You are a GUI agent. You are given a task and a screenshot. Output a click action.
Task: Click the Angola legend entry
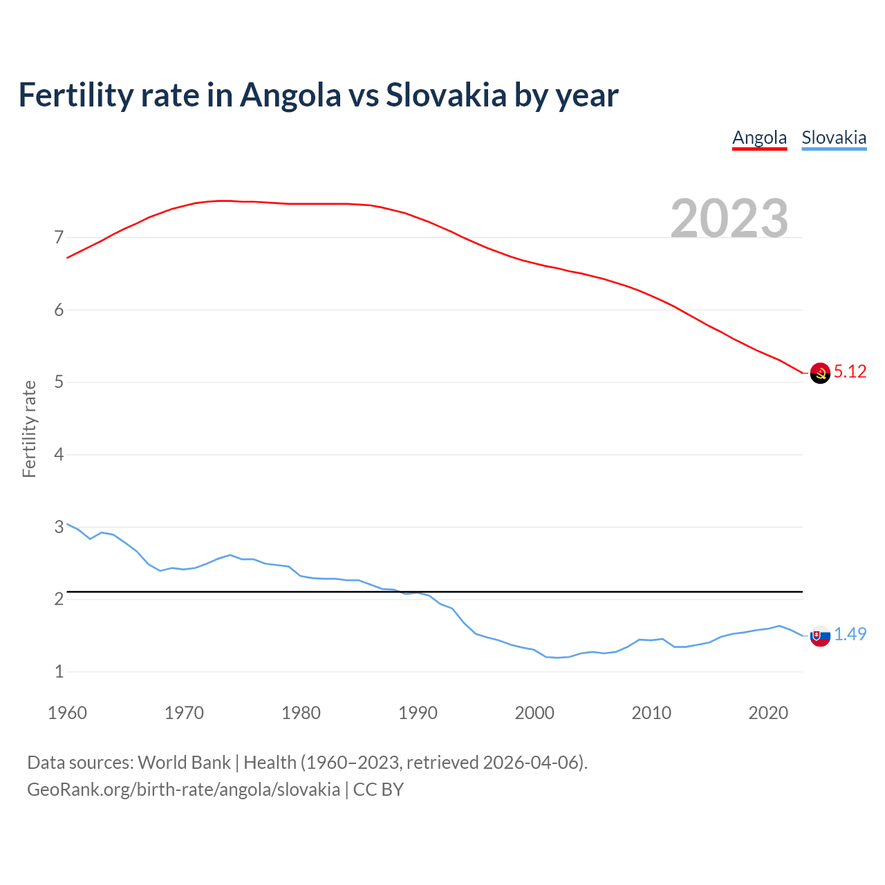tap(759, 138)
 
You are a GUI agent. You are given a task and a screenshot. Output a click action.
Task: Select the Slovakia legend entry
tap(834, 138)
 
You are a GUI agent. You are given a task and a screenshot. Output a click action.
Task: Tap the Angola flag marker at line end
tap(820, 373)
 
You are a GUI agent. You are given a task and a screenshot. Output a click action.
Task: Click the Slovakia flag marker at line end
tap(820, 636)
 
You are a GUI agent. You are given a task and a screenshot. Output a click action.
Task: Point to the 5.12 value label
tap(850, 372)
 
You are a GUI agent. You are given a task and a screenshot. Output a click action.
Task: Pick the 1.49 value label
tap(850, 634)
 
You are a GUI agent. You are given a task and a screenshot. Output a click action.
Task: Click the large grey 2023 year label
tap(729, 218)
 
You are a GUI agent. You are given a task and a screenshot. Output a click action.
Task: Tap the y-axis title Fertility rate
tap(29, 429)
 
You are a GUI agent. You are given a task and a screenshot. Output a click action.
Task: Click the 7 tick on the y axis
tap(59, 238)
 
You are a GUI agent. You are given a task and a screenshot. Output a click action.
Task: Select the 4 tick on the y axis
tap(59, 455)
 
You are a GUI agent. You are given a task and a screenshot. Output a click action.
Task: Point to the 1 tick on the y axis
tap(59, 671)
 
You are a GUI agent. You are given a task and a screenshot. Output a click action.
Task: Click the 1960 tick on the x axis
tap(67, 713)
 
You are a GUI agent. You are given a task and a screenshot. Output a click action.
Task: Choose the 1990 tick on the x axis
tap(418, 713)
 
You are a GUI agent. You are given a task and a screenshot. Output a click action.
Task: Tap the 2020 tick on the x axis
tap(768, 713)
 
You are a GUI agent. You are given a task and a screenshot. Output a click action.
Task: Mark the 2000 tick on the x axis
tap(534, 713)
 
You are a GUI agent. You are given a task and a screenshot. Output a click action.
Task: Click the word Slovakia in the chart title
tap(446, 95)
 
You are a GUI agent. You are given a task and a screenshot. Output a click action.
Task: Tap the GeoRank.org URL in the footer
tap(183, 790)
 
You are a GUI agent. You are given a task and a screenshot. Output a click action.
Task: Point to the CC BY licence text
tap(378, 790)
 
